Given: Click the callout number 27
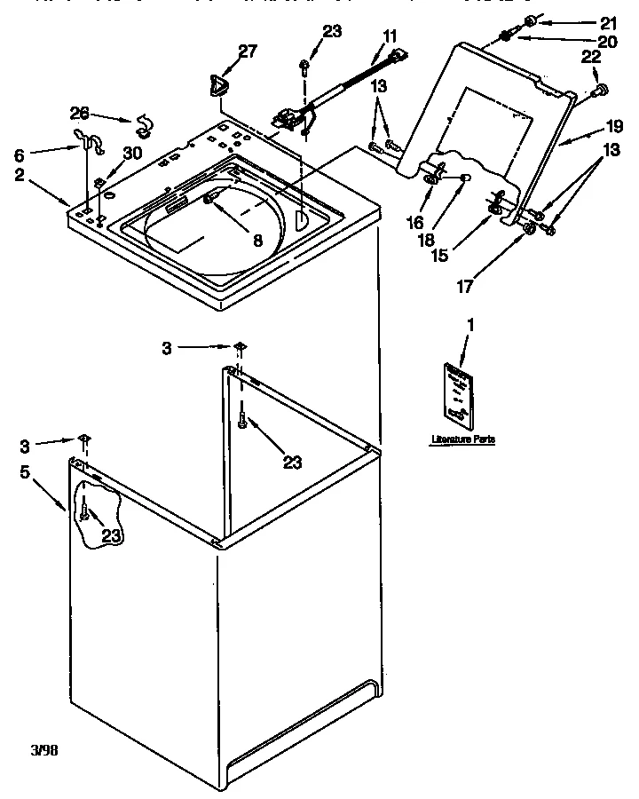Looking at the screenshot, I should point(248,51).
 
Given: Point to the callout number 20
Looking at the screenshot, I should point(606,41).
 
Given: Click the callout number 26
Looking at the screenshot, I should point(80,113).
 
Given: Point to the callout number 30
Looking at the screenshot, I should point(132,152).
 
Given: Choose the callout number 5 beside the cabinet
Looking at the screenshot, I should point(25,472).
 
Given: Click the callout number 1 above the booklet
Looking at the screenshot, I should point(470,326).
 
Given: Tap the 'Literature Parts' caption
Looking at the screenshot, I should point(462,439).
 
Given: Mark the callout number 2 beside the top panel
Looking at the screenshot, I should point(20,174).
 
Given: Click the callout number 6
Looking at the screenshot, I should point(20,154).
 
